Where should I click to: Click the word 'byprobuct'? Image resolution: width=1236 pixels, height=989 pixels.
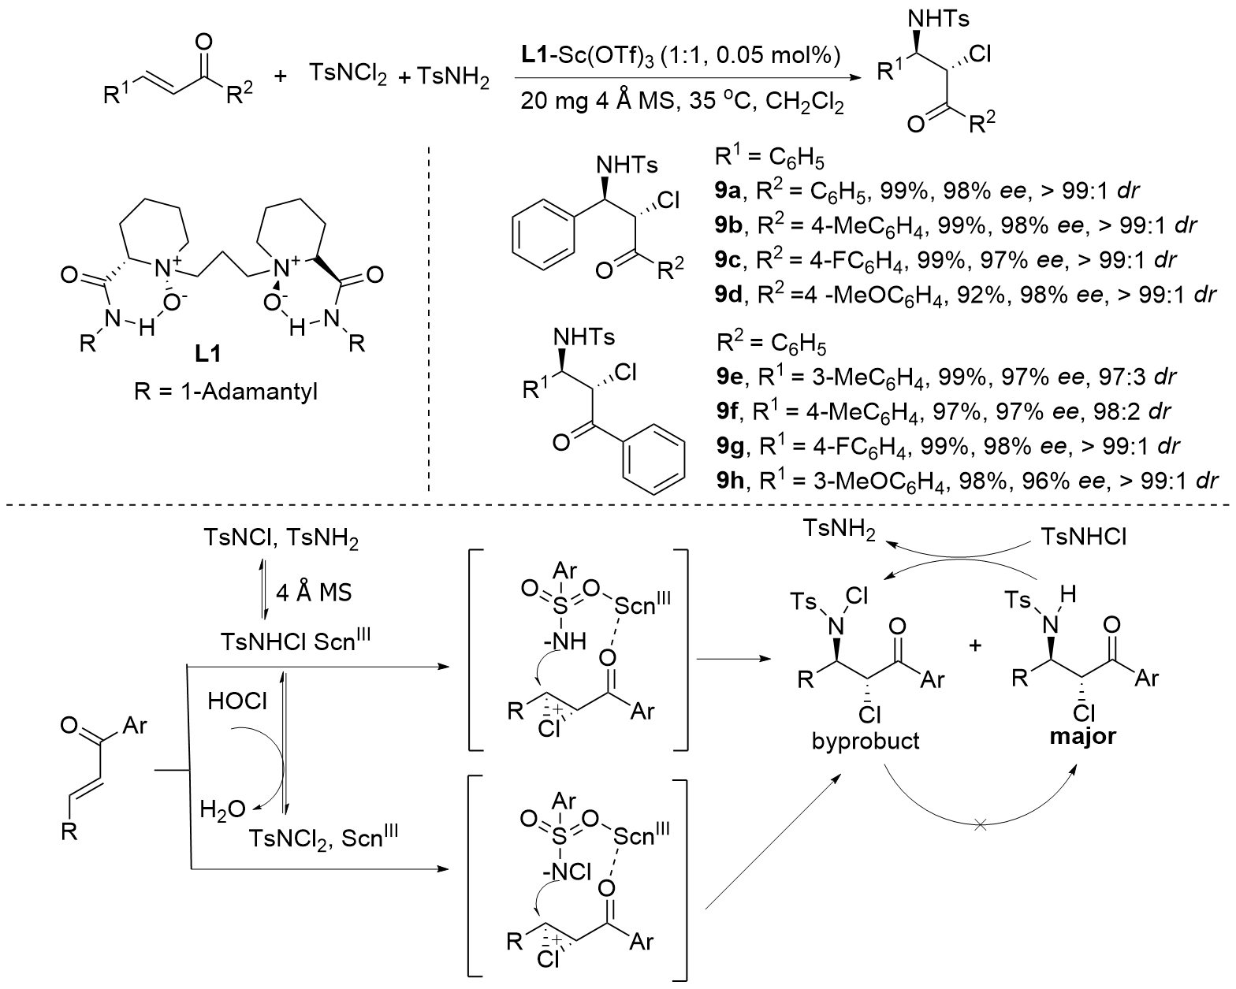(x=865, y=742)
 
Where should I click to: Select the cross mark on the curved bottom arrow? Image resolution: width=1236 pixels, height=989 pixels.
(x=981, y=825)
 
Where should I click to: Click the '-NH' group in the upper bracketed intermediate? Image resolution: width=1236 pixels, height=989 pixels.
(x=566, y=642)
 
